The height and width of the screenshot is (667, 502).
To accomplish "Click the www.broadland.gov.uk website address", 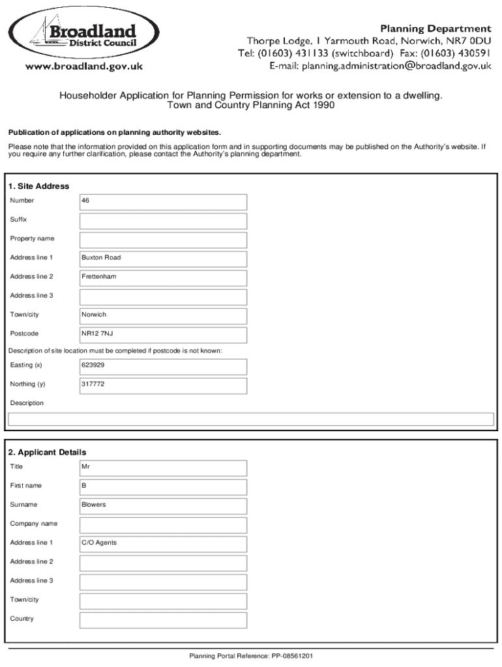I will coord(84,66).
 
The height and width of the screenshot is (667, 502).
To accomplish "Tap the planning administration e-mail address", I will coord(380,66).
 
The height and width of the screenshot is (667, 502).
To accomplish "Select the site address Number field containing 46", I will coord(163,202).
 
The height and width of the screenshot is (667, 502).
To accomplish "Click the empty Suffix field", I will coord(163,221).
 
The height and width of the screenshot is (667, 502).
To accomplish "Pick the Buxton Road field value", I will coord(101,258).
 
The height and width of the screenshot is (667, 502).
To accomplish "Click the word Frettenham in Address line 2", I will coord(99,277).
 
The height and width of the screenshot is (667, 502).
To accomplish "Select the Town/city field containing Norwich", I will coord(163,316).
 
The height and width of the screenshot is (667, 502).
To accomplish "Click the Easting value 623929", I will coord(93,365).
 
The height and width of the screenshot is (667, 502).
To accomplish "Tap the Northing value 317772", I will coord(93,384).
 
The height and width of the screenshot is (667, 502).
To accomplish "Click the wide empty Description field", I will coord(251,419).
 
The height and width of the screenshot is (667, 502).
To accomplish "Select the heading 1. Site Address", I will coord(39,186).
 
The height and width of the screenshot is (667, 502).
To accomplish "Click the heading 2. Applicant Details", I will coord(47,452).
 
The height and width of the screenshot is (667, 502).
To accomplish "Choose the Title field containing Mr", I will coord(163,468).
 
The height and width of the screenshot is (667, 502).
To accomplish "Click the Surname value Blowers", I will coord(94,505).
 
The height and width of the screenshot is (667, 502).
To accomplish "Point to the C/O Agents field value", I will coord(99,543).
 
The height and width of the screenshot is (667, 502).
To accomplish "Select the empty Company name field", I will coord(163,525).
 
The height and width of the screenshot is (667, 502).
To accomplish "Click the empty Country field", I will coord(163,619).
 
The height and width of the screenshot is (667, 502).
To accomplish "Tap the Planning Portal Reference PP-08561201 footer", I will coord(251,656).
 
